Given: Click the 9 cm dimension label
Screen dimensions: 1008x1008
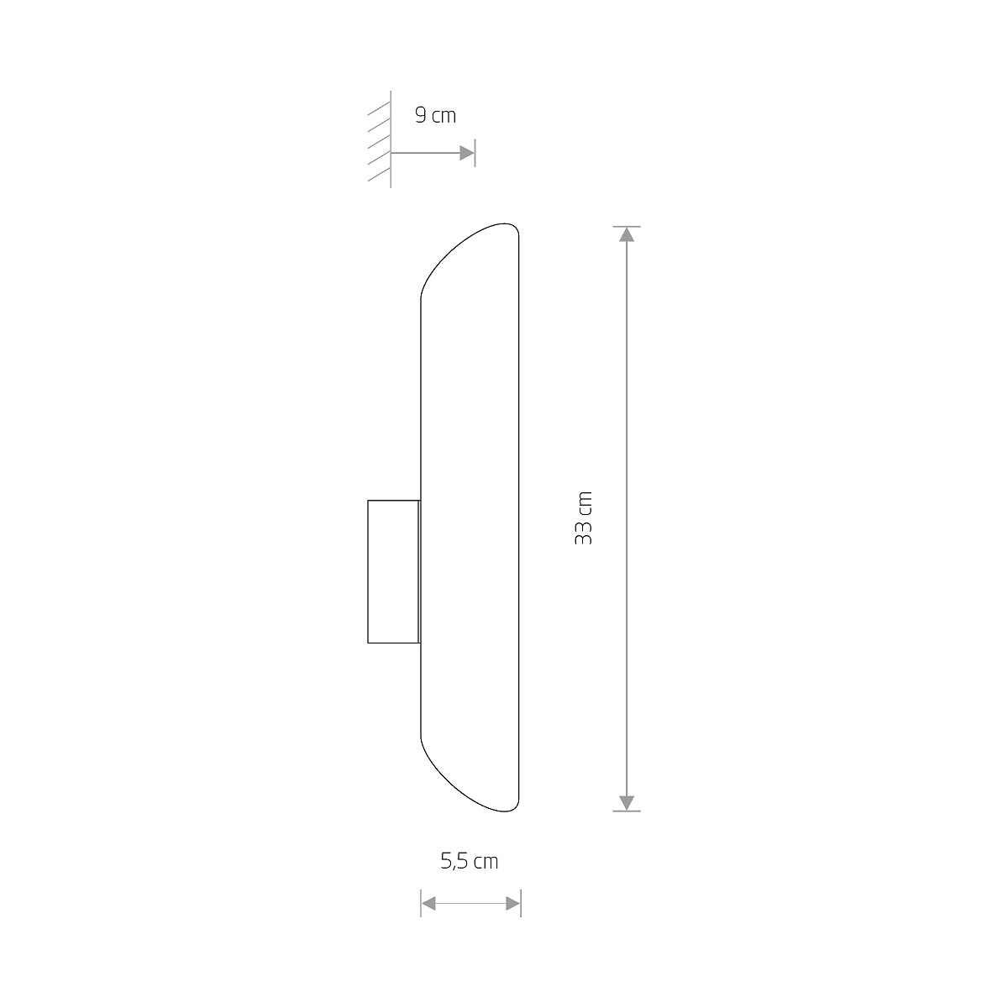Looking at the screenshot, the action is [435, 115].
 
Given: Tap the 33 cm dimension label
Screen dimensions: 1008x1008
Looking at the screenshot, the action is [583, 518].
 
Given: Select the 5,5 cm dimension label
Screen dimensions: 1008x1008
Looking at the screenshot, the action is [470, 861].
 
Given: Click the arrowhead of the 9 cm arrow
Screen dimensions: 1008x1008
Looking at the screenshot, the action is [466, 153].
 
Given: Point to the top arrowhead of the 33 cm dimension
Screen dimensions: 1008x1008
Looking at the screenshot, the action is [626, 235].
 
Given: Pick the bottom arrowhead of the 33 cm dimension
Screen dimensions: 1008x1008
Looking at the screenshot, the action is [626, 802].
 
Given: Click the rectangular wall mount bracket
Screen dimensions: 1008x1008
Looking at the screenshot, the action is [394, 572].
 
